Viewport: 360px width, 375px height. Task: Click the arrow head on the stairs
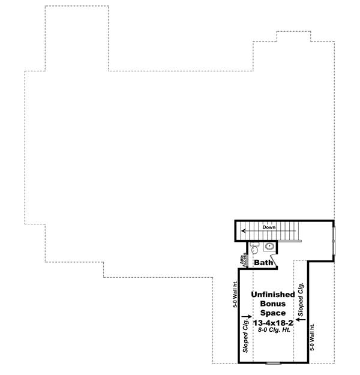coord(243,231)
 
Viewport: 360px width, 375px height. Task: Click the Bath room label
coord(264,262)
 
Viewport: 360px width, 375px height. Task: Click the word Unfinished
coord(272,295)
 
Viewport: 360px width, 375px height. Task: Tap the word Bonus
coord(272,304)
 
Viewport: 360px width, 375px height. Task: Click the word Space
coord(272,313)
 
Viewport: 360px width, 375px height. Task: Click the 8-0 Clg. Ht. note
coord(272,331)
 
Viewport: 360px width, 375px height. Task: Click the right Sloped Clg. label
coord(301,298)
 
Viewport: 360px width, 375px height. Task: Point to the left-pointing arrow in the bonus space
coord(301,320)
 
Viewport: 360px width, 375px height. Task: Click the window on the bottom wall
coord(274,362)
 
